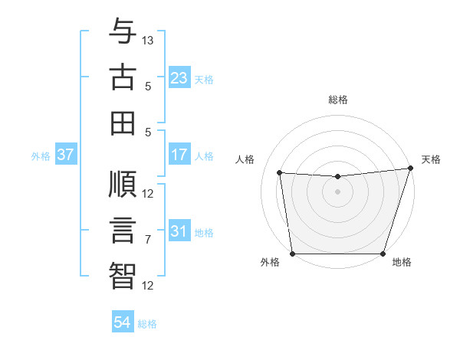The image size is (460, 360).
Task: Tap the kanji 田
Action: click(123, 123)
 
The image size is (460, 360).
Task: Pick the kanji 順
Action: click(123, 185)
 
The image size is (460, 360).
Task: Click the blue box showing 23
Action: click(179, 78)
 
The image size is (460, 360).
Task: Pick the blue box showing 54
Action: click(122, 323)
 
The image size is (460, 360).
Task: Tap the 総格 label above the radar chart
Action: click(338, 100)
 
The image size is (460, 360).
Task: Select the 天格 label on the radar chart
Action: click(431, 159)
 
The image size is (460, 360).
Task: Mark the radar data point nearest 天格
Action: click(410, 169)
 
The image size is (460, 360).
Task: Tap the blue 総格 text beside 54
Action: click(147, 324)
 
